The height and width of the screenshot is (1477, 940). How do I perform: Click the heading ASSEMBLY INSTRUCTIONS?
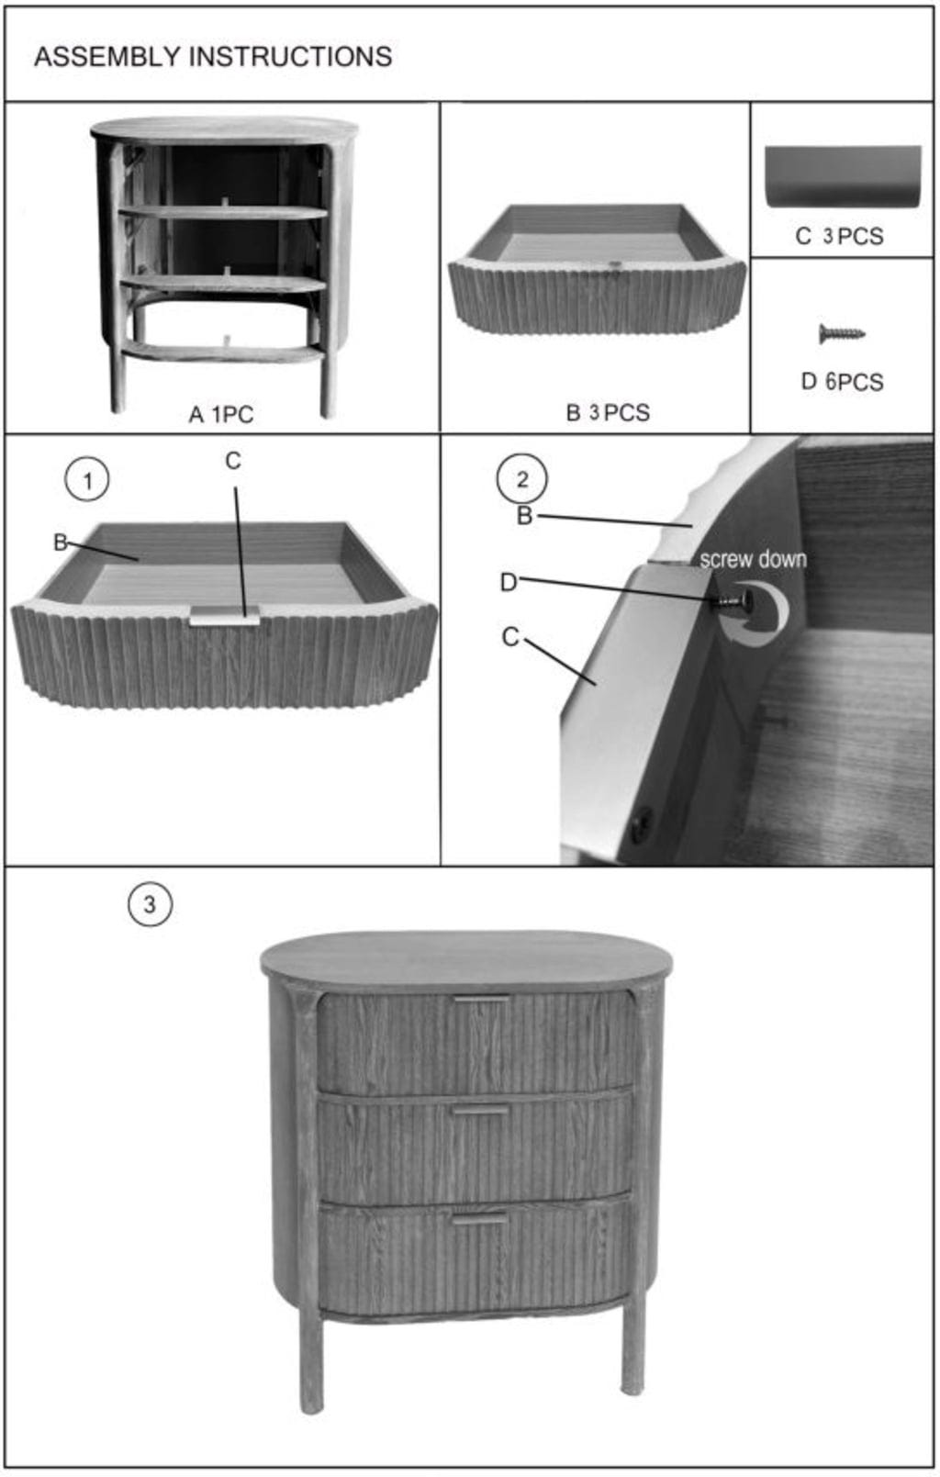[213, 57]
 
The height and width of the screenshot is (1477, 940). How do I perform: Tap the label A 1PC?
[221, 414]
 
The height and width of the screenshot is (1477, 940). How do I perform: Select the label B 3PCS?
[608, 413]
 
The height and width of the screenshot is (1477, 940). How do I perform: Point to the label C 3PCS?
[839, 236]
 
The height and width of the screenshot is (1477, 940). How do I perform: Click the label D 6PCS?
[842, 381]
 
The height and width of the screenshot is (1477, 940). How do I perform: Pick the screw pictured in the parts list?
[842, 333]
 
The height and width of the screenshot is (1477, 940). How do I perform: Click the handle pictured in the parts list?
[843, 176]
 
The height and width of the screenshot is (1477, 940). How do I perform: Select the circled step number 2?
[521, 479]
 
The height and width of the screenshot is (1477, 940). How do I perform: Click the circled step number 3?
[150, 904]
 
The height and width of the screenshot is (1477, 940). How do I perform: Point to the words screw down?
[753, 559]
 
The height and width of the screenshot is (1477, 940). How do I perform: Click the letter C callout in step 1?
[232, 461]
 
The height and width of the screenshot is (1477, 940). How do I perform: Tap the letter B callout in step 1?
[60, 543]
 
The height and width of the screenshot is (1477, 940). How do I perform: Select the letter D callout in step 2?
[509, 583]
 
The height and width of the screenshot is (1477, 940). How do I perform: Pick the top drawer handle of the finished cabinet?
[481, 999]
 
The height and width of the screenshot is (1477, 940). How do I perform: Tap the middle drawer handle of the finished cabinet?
[481, 1111]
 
